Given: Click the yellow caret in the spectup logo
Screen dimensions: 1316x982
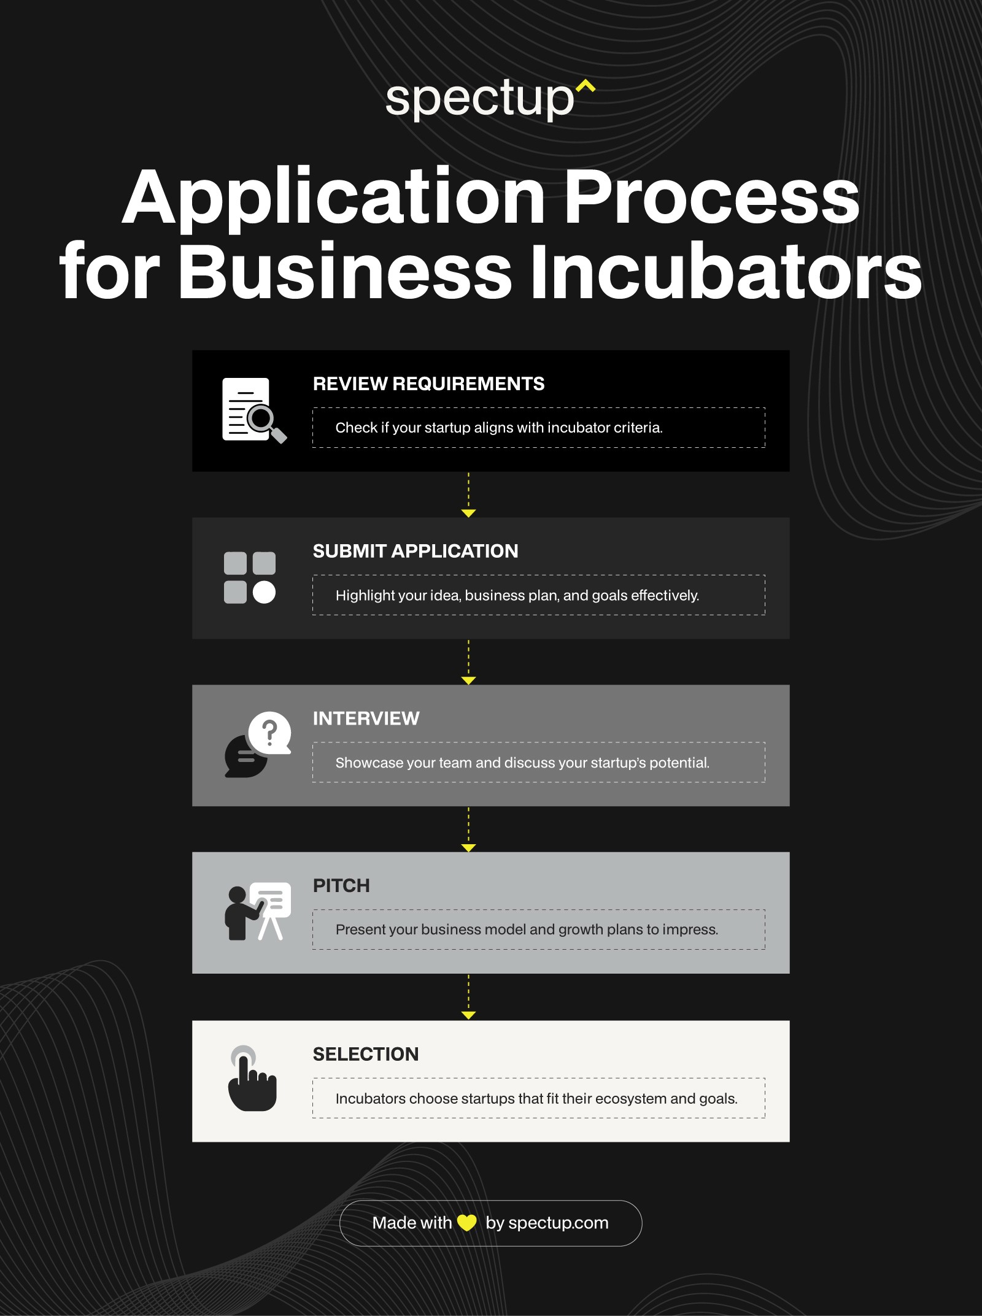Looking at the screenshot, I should tap(586, 87).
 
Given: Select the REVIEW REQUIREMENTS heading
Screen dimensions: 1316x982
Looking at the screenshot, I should tap(428, 384).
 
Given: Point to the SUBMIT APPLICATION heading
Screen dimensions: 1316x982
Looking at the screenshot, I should tap(416, 551).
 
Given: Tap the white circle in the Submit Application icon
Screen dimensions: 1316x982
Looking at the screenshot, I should tap(265, 592).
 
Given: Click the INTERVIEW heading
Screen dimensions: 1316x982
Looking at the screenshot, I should tap(366, 718).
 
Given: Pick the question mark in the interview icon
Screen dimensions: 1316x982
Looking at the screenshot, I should tap(269, 732).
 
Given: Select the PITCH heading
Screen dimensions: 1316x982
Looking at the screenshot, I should tap(341, 886).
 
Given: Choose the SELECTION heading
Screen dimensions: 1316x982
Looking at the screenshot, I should tap(366, 1054).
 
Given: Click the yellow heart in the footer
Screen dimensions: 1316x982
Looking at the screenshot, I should tap(467, 1223).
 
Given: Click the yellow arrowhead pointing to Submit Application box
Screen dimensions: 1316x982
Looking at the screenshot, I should tap(468, 513).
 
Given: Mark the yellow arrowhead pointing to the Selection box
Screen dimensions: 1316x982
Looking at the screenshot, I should tap(468, 1015).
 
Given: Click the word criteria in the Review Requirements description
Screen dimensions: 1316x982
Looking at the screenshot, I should tap(638, 428).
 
